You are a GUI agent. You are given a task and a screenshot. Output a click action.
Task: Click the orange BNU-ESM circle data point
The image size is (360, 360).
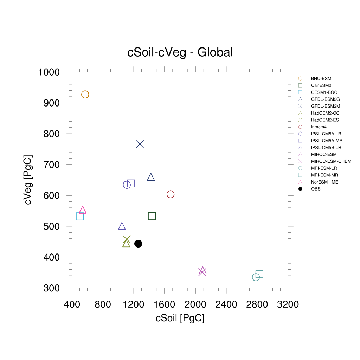tap(85, 95)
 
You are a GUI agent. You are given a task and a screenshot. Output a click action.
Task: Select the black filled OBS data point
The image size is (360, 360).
tap(138, 243)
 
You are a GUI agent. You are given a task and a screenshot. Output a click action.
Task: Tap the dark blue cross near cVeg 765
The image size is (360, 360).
tap(140, 144)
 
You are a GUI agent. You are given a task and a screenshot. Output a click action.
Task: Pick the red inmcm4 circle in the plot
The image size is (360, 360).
tap(171, 194)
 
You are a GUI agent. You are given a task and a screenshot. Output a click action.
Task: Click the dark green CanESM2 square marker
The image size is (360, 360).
tap(152, 216)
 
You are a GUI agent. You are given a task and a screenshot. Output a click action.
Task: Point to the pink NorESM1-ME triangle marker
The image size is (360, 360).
tap(83, 210)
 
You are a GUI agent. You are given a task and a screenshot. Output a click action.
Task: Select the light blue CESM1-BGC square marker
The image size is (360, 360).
tap(80, 216)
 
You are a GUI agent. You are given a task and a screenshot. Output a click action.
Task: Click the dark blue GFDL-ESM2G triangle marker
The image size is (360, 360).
tap(151, 177)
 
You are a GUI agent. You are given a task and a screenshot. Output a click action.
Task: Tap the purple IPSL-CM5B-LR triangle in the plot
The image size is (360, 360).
tap(122, 226)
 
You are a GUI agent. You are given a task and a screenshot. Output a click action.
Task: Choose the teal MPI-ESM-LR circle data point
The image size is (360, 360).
tap(256, 277)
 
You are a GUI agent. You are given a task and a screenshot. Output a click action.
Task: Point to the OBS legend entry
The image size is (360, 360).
tap(316, 189)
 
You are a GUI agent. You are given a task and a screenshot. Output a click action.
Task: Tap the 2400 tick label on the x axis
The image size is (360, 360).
tap(226, 304)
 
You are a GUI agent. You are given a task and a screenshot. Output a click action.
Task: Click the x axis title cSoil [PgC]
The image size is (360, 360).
tap(180, 319)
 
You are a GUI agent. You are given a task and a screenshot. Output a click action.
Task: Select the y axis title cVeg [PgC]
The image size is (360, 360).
tap(28, 180)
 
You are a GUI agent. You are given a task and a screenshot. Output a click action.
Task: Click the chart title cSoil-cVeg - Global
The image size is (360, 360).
tap(180, 52)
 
